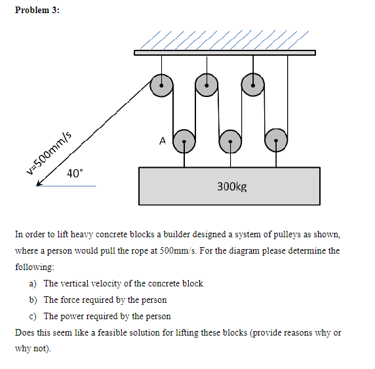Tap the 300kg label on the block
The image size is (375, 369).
[x=231, y=187]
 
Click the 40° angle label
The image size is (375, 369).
[x=75, y=174]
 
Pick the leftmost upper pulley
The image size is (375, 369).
[x=161, y=85]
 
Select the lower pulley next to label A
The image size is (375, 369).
[x=184, y=140]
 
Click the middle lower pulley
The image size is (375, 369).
[x=230, y=140]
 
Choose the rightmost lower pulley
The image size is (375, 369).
[x=276, y=140]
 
